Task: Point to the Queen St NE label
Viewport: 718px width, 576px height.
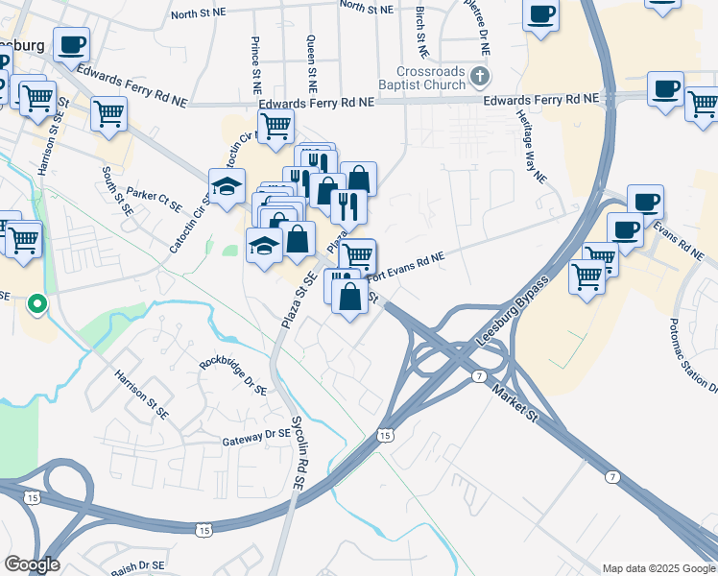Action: click(x=310, y=57)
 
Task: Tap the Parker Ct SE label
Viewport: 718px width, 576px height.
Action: click(x=154, y=199)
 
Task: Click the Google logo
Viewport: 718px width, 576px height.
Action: click(x=32, y=564)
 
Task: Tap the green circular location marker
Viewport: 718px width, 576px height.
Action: click(x=36, y=306)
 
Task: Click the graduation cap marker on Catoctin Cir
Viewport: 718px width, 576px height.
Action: click(x=226, y=188)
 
